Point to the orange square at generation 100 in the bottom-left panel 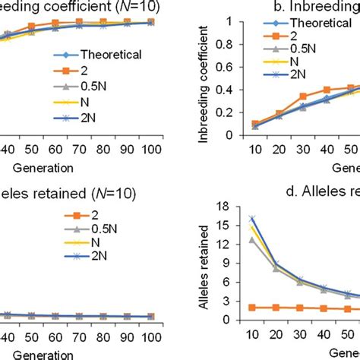tap(151, 317)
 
